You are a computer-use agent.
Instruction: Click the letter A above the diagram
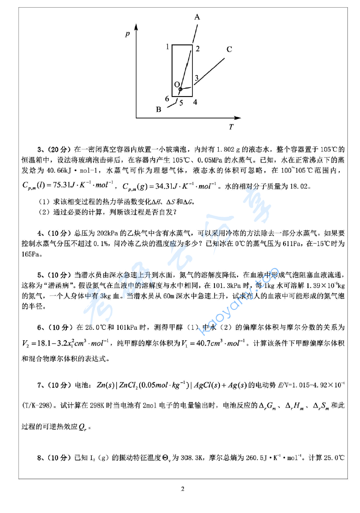(x=197, y=17)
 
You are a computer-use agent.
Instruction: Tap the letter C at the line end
(x=229, y=50)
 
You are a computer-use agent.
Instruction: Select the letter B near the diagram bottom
(x=159, y=109)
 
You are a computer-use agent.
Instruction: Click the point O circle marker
(x=180, y=89)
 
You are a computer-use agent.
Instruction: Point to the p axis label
(x=127, y=34)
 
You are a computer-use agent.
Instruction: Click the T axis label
(x=231, y=127)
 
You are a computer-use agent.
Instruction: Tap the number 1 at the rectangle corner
(x=168, y=46)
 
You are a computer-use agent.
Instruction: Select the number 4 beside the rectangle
(x=195, y=102)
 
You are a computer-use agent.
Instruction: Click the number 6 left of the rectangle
(x=167, y=99)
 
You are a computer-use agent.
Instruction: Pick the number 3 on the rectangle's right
(x=196, y=77)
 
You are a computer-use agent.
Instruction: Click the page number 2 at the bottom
(x=183, y=490)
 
